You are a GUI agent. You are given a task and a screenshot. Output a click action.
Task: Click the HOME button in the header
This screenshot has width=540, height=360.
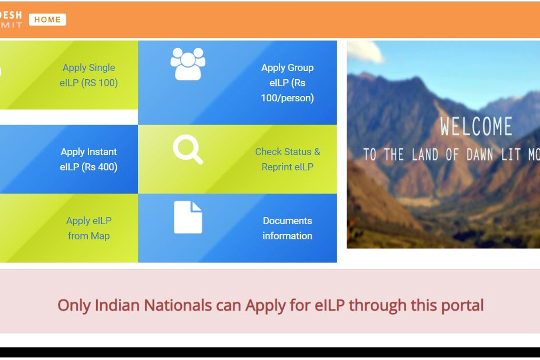47,20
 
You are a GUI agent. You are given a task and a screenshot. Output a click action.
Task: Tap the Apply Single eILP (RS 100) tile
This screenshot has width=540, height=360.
89,75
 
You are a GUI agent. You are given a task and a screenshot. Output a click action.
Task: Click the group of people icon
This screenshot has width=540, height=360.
188,64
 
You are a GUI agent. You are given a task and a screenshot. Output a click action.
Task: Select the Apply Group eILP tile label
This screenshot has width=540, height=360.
287,83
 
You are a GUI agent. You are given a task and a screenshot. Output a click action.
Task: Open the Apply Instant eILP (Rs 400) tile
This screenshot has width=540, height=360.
89,159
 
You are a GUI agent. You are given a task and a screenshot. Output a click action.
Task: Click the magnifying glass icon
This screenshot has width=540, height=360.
188,149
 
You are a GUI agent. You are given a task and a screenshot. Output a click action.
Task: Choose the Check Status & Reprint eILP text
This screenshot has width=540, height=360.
287,159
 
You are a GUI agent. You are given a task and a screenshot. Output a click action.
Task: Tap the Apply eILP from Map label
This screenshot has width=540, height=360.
89,228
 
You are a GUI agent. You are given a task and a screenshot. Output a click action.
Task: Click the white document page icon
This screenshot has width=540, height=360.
188,217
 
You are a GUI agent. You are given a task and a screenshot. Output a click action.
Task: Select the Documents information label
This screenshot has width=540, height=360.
287,228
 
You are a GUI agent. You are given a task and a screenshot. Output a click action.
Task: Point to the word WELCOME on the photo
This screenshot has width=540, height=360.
476,127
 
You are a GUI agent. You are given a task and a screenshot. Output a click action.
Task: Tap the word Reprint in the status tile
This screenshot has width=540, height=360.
278,167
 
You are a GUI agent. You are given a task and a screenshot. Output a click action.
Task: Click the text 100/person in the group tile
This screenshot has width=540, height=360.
287,98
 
